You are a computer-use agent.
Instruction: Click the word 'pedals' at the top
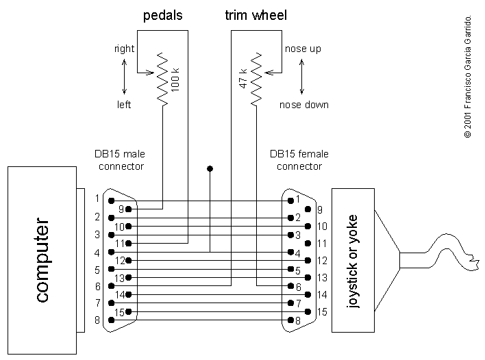tap(162, 15)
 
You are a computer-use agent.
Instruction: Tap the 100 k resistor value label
tap(175, 79)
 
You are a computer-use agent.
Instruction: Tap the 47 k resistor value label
tap(242, 79)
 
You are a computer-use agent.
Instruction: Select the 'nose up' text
tap(301, 49)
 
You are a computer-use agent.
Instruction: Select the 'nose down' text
tap(303, 105)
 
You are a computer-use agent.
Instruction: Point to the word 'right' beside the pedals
tap(124, 49)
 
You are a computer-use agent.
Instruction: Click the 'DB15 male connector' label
tap(120, 160)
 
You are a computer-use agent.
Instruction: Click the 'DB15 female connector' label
tap(296, 160)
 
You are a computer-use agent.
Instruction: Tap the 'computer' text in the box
tap(41, 261)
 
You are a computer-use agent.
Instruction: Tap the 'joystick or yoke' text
tap(353, 260)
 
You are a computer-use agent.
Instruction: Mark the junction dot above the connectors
tap(210, 168)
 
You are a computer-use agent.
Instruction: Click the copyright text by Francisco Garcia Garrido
tap(468, 75)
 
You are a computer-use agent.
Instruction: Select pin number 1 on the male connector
tap(97, 199)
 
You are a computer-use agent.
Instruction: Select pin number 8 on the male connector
tap(97, 320)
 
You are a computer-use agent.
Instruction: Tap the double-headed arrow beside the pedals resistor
tap(124, 77)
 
